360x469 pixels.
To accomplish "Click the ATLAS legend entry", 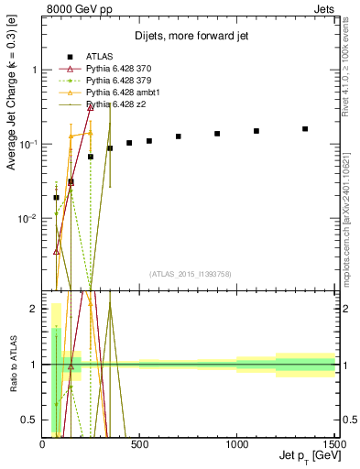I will tap(99, 58).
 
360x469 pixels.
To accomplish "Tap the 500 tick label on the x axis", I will tap(140, 443).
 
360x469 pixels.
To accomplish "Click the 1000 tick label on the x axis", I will tap(237, 443).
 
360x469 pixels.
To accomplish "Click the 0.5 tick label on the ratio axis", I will tap(29, 420).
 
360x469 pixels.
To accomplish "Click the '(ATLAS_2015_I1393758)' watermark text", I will tap(190, 273).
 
